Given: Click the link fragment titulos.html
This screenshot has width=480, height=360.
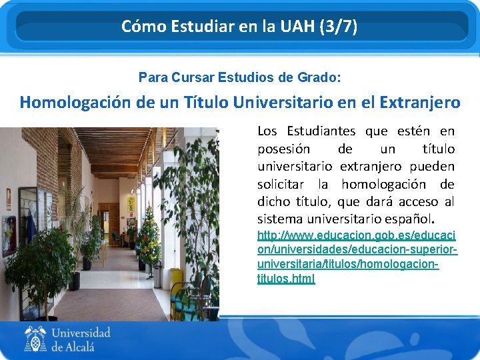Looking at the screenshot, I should tap(286, 279).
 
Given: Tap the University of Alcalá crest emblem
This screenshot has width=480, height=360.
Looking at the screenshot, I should tap(36, 339).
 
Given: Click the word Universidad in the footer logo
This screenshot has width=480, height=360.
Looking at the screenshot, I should tap(81, 333).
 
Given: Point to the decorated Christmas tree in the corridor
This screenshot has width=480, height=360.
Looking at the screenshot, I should tap(149, 233).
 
